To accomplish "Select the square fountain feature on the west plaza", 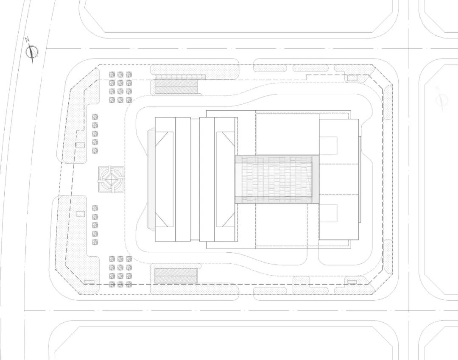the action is point(112,180).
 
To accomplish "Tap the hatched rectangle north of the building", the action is point(176,87).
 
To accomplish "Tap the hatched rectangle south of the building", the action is point(176,276).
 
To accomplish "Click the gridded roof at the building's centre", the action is point(277,179).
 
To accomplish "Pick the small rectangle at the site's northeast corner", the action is point(352,78).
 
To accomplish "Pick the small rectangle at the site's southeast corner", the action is point(352,282).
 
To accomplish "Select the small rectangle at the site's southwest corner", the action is point(89,282).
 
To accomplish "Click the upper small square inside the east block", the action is point(328,145).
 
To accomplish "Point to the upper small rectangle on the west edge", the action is point(80,145).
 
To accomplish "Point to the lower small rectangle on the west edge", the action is point(80,213).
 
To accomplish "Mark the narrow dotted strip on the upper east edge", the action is point(388,102).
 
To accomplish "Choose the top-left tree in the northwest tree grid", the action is point(112,74).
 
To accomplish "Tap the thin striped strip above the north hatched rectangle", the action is point(180,77).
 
